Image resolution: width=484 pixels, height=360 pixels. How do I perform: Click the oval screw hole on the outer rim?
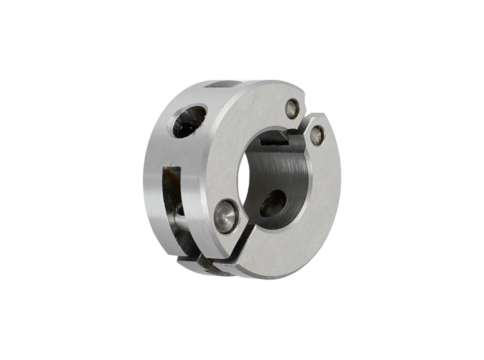point(189,121)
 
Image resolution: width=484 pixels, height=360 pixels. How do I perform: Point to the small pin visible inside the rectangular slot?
point(179,210)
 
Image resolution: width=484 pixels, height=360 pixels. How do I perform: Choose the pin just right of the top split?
point(317,135)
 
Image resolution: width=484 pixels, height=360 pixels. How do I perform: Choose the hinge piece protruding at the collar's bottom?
point(203,263)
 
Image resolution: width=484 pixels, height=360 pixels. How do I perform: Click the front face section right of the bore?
point(324,189)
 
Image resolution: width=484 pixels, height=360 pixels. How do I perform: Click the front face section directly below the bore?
point(284,251)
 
